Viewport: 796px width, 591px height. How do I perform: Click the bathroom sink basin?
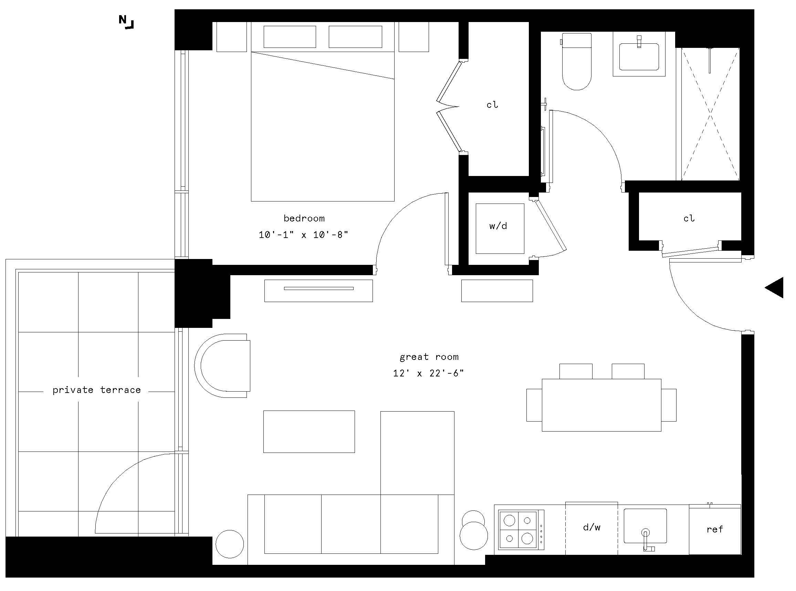pos(639,56)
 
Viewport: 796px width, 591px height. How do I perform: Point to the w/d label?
pos(498,226)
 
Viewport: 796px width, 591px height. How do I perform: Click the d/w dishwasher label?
pos(591,527)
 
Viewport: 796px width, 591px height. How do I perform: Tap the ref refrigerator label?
pos(715,529)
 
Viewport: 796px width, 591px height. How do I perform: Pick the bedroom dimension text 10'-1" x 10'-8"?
pos(304,235)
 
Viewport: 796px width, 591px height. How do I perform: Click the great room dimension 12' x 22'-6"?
pos(428,373)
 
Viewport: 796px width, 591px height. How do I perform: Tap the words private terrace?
pos(96,390)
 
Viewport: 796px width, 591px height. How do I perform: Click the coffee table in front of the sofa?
pos(309,432)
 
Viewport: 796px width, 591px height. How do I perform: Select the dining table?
pos(601,405)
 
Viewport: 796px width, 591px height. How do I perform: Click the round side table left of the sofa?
pos(230,544)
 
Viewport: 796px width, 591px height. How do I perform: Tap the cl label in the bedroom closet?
pos(492,105)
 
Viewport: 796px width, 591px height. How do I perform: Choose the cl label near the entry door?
pos(689,219)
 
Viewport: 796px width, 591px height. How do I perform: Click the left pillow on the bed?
pos(290,37)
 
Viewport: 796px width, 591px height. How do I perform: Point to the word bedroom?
pos(304,218)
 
